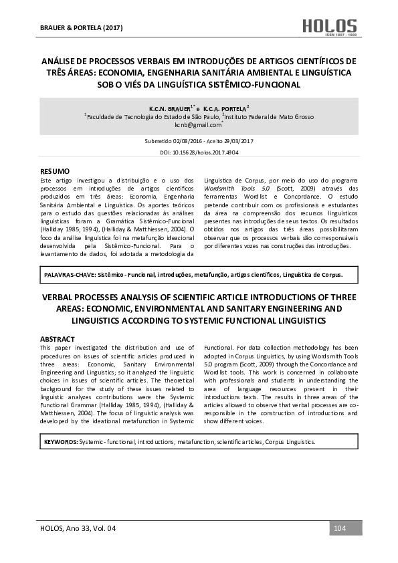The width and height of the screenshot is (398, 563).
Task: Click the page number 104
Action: pyautogui.click(x=339, y=529)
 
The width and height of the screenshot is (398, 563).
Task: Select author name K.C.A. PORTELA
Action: pyautogui.click(x=225, y=108)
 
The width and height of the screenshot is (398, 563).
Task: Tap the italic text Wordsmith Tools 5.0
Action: pyautogui.click(x=227, y=189)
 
